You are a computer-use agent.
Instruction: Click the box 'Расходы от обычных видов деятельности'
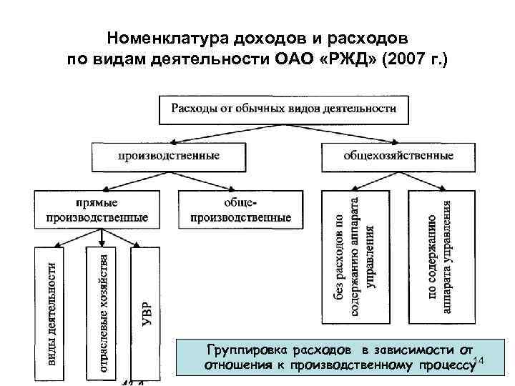(x=283, y=109)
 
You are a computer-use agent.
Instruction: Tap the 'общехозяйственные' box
(x=398, y=154)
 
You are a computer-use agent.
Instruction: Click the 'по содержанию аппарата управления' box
(x=438, y=254)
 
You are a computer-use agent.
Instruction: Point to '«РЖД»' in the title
(x=351, y=58)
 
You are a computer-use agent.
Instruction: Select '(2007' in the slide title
(x=406, y=58)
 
